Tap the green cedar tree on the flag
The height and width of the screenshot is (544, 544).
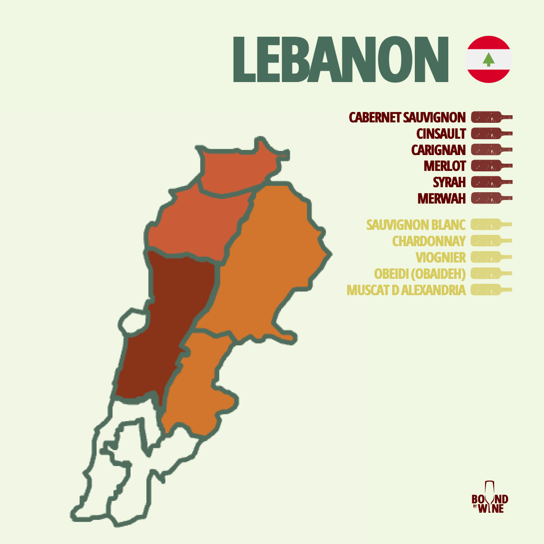tap(488, 59)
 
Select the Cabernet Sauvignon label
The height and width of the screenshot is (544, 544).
tap(407, 117)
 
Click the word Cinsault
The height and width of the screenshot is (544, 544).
tap(441, 134)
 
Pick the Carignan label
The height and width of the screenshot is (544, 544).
tap(438, 150)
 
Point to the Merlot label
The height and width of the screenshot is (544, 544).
tap(444, 166)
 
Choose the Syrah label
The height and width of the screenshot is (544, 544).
tap(449, 182)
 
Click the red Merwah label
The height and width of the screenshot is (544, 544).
tap(441, 199)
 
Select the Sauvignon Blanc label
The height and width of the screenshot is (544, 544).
tap(416, 225)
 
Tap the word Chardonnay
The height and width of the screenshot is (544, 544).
tap(428, 241)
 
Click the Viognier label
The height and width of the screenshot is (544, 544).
tap(440, 257)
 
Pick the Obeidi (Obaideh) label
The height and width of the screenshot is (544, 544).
tap(419, 274)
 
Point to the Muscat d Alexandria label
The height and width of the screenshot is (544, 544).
tap(406, 290)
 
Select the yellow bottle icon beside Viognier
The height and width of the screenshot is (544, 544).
tap(491, 257)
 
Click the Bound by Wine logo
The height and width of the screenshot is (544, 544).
tap(490, 499)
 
